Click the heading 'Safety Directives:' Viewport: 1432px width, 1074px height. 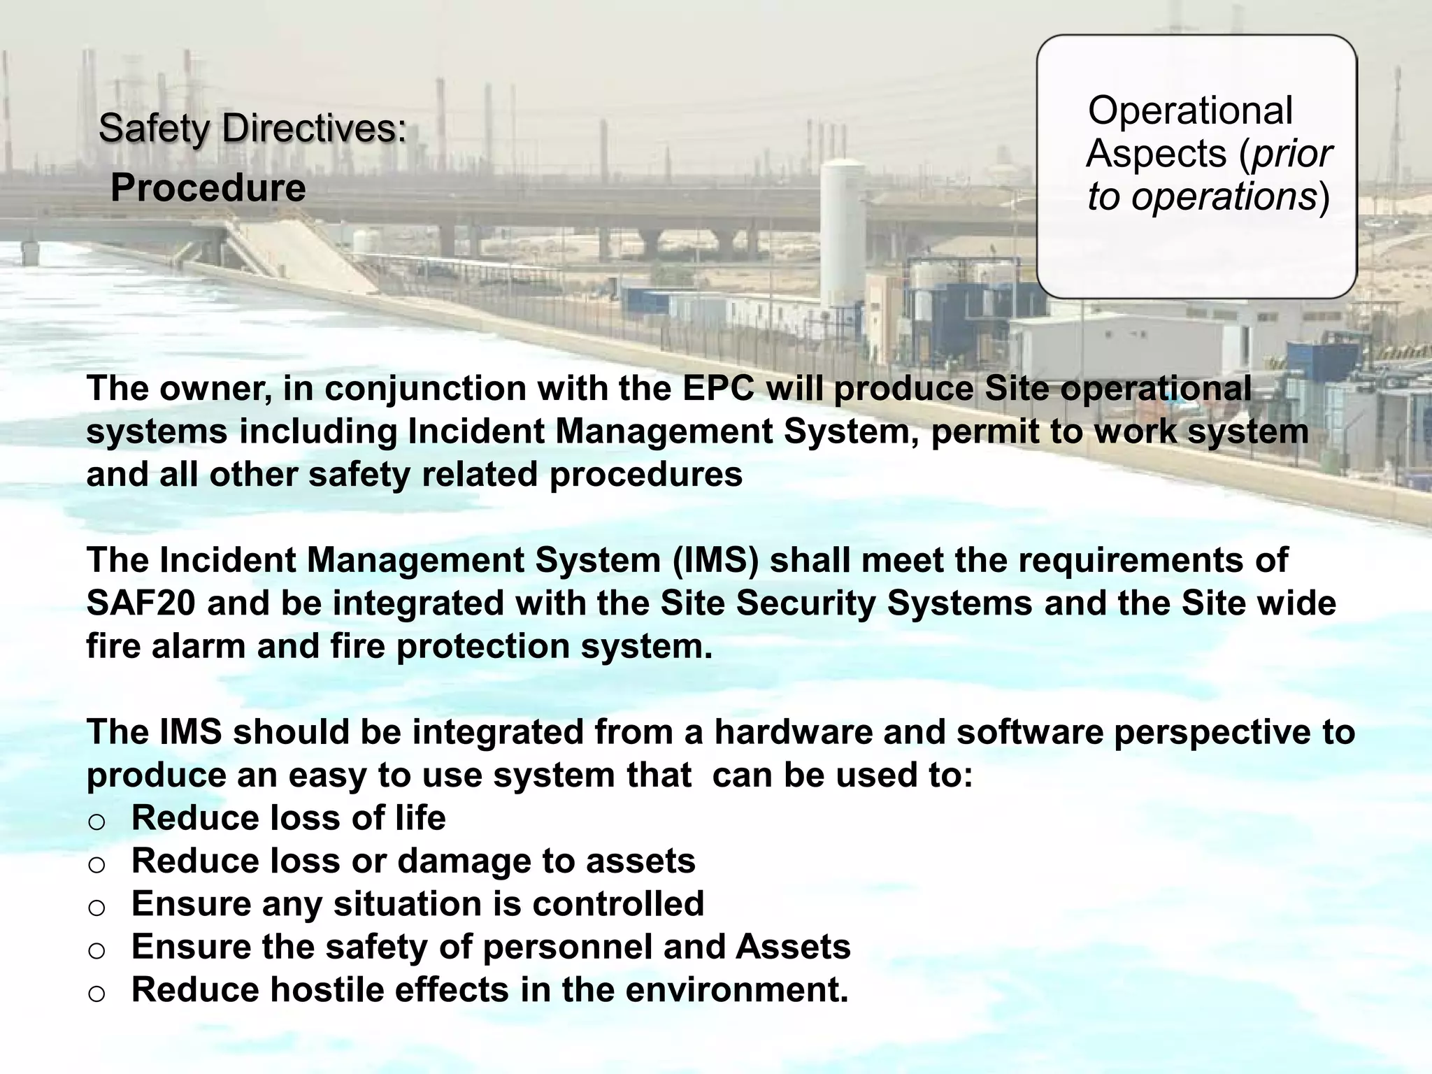252,129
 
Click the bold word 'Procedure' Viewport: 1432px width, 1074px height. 208,188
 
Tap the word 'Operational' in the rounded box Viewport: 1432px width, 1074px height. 1190,110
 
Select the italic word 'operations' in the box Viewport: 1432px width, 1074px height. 1224,196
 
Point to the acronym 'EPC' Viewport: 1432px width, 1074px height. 719,388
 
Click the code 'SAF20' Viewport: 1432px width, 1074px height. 141,603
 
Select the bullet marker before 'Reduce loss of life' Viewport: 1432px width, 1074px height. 97,821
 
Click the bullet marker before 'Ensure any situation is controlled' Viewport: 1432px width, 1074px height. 97,907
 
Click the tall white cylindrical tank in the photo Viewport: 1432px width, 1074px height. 843,231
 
